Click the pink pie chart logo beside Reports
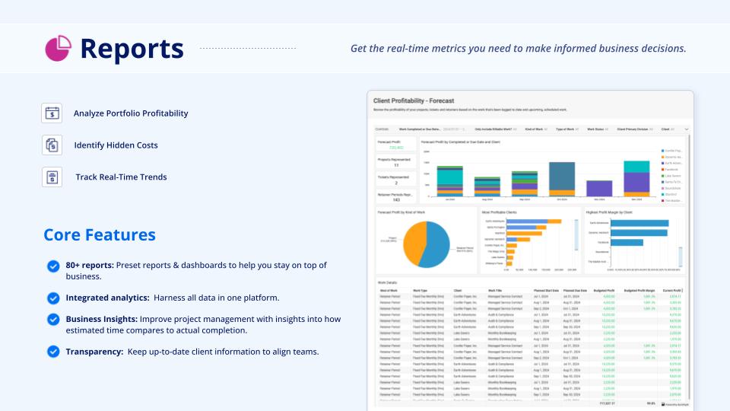(x=58, y=49)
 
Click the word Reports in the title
(x=132, y=49)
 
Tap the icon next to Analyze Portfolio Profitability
(x=52, y=113)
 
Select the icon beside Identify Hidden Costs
(x=52, y=145)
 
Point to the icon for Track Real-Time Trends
(x=52, y=177)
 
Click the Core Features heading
(x=100, y=234)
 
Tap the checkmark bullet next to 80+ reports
(x=53, y=266)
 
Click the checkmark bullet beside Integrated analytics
(x=53, y=298)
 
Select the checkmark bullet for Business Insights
(x=53, y=320)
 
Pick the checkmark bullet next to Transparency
(x=53, y=352)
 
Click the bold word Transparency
(x=93, y=352)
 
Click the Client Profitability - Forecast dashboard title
(x=413, y=100)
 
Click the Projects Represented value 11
(x=396, y=165)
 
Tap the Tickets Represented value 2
(x=396, y=183)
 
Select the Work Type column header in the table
(x=420, y=290)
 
